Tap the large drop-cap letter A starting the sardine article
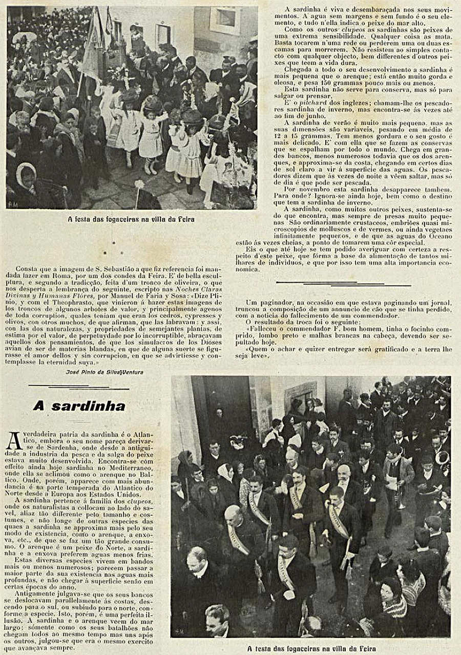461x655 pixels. pyautogui.click(x=14, y=441)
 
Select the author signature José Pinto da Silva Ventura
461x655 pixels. pyautogui.click(x=104, y=372)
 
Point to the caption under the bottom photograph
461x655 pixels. pyautogui.click(x=310, y=648)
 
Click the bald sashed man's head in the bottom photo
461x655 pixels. pyautogui.click(x=233, y=514)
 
